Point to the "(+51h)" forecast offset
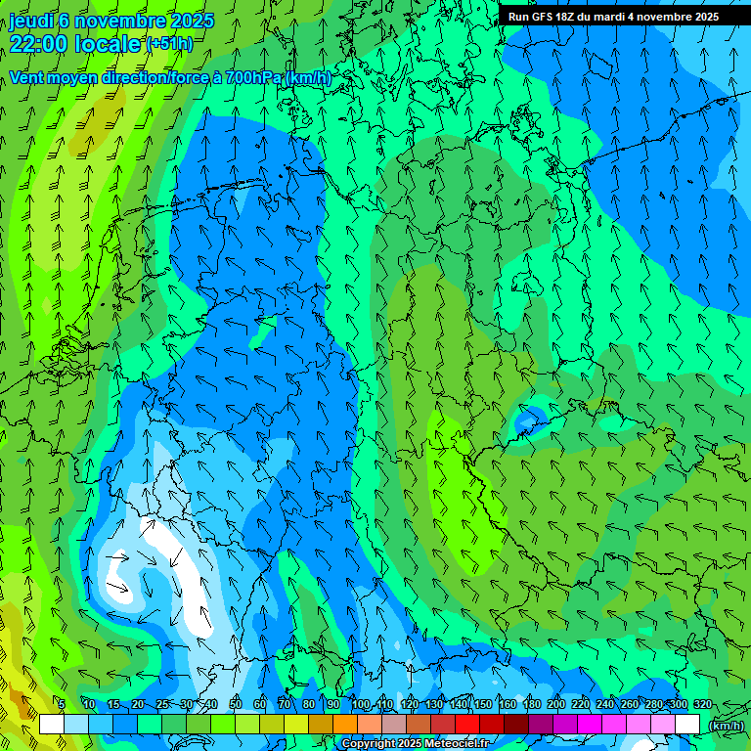pos(169,44)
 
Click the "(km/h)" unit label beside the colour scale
pos(726,726)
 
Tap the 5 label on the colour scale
pos(62,705)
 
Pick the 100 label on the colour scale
pos(361,705)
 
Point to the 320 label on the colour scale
pos(702,705)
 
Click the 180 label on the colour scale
pos(531,705)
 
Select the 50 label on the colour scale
pos(235,705)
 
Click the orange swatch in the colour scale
pos(345,725)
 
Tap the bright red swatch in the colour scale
pos(467,725)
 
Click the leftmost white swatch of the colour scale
pos(52,725)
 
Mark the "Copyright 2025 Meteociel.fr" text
pos(415,744)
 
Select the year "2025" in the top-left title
pos(192,21)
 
